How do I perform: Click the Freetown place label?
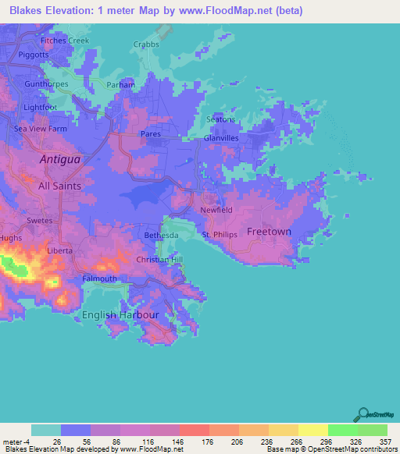point(269,232)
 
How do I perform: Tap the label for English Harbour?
point(120,315)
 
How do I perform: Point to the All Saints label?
point(59,186)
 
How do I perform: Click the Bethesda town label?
point(162,235)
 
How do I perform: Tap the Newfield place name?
point(216,211)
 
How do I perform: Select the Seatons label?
point(220,119)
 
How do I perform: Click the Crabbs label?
point(146,44)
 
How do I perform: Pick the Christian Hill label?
point(159,259)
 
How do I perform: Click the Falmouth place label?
point(99,278)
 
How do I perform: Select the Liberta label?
point(59,250)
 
